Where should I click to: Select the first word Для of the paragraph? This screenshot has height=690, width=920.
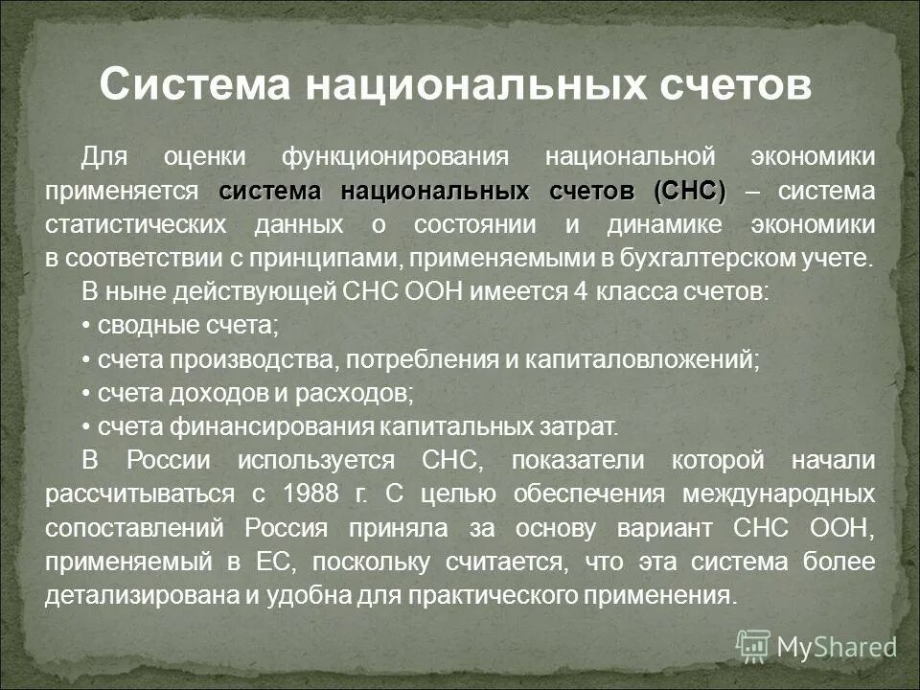coord(103,156)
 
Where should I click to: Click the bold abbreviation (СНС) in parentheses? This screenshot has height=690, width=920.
coord(689,191)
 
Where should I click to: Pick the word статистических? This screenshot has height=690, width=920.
coord(135,225)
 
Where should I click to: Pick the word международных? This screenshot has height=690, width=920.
coord(779,494)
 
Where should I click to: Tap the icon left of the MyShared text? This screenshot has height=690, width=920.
coord(753,646)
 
